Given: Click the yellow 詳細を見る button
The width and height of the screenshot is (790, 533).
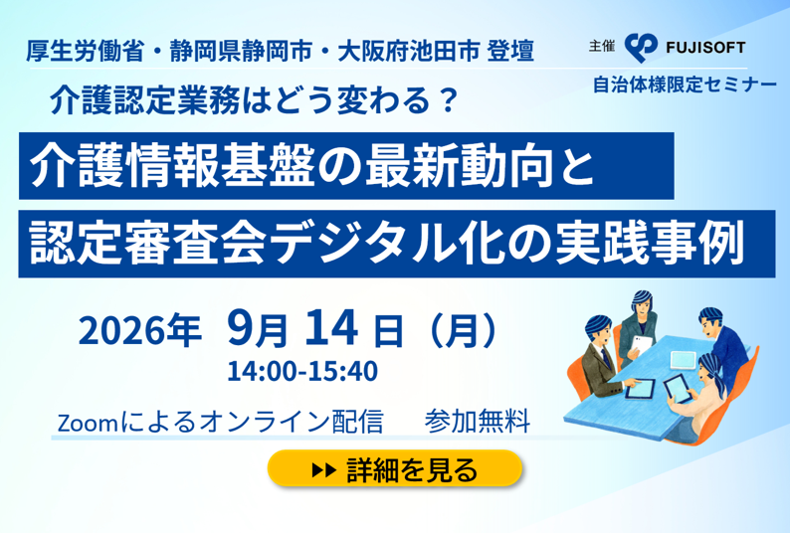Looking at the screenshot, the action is [x=395, y=469].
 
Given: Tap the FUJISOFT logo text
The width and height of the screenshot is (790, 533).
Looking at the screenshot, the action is [x=705, y=48].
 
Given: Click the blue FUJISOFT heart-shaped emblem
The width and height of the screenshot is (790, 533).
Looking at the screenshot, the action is [x=641, y=48].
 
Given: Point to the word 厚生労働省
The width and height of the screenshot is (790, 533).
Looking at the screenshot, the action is [x=86, y=52].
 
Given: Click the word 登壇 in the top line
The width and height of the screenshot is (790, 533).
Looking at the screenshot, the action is [x=510, y=52].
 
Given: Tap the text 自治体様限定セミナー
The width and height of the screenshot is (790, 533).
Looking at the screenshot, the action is [x=685, y=85].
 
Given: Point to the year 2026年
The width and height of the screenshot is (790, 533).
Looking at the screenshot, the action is [x=139, y=331].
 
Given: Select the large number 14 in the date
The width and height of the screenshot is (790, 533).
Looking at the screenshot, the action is [x=331, y=328].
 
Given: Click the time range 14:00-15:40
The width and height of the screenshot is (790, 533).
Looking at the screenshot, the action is [x=302, y=371].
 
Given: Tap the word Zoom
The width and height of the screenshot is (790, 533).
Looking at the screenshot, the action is [x=88, y=423].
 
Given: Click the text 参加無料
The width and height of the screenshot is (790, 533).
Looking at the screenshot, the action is [x=477, y=422].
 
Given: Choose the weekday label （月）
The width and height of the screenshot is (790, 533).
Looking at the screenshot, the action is [x=457, y=331].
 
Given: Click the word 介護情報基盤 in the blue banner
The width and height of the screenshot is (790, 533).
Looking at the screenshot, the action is [x=172, y=167].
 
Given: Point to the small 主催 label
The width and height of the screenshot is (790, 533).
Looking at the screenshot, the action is [x=602, y=47].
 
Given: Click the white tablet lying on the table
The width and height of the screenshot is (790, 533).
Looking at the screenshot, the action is [x=684, y=360].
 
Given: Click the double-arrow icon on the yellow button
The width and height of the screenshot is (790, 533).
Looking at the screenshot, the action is [x=324, y=470].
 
